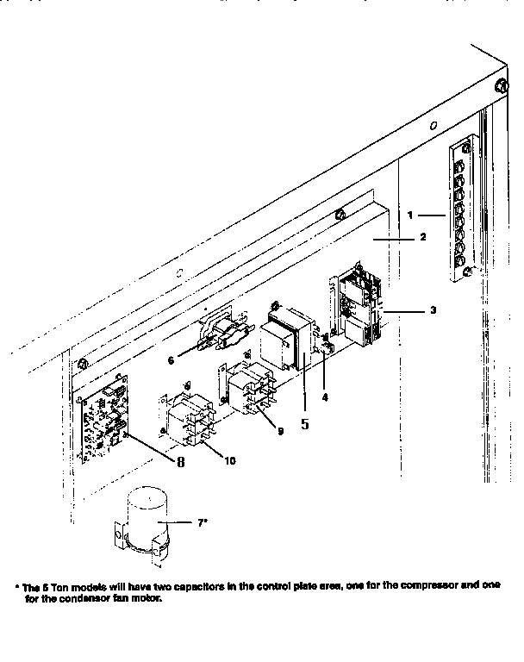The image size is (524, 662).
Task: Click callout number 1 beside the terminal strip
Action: click(412, 214)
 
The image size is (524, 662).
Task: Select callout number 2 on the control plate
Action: click(423, 236)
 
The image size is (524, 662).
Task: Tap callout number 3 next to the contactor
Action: click(434, 309)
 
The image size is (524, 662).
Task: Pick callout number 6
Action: click(172, 359)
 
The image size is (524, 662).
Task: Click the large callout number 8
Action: click(181, 461)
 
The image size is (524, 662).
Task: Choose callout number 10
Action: click(229, 461)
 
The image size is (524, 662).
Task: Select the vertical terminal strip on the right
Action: click(460, 211)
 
